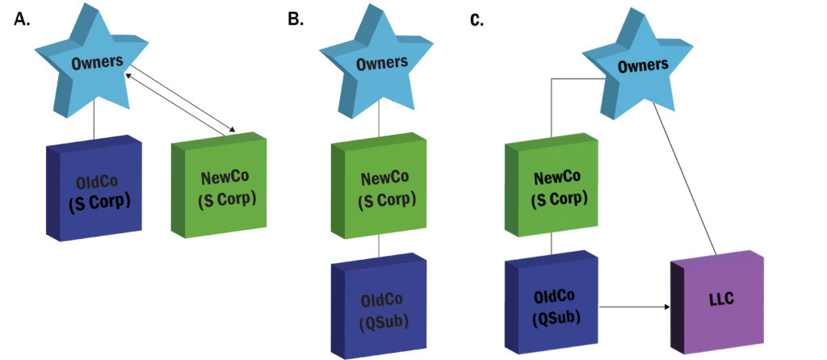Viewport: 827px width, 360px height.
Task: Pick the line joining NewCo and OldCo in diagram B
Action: tap(380, 245)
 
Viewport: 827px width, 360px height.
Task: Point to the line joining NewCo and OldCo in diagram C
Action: tap(552, 245)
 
